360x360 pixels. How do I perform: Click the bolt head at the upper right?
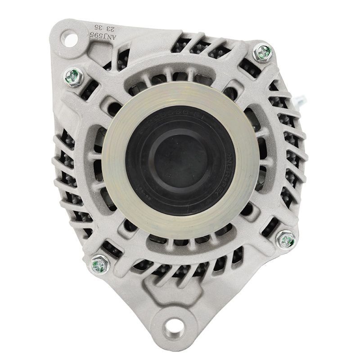[x=262, y=53]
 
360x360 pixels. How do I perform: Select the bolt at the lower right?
[x=286, y=239]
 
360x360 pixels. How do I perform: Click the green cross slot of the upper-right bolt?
[x=262, y=53]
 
